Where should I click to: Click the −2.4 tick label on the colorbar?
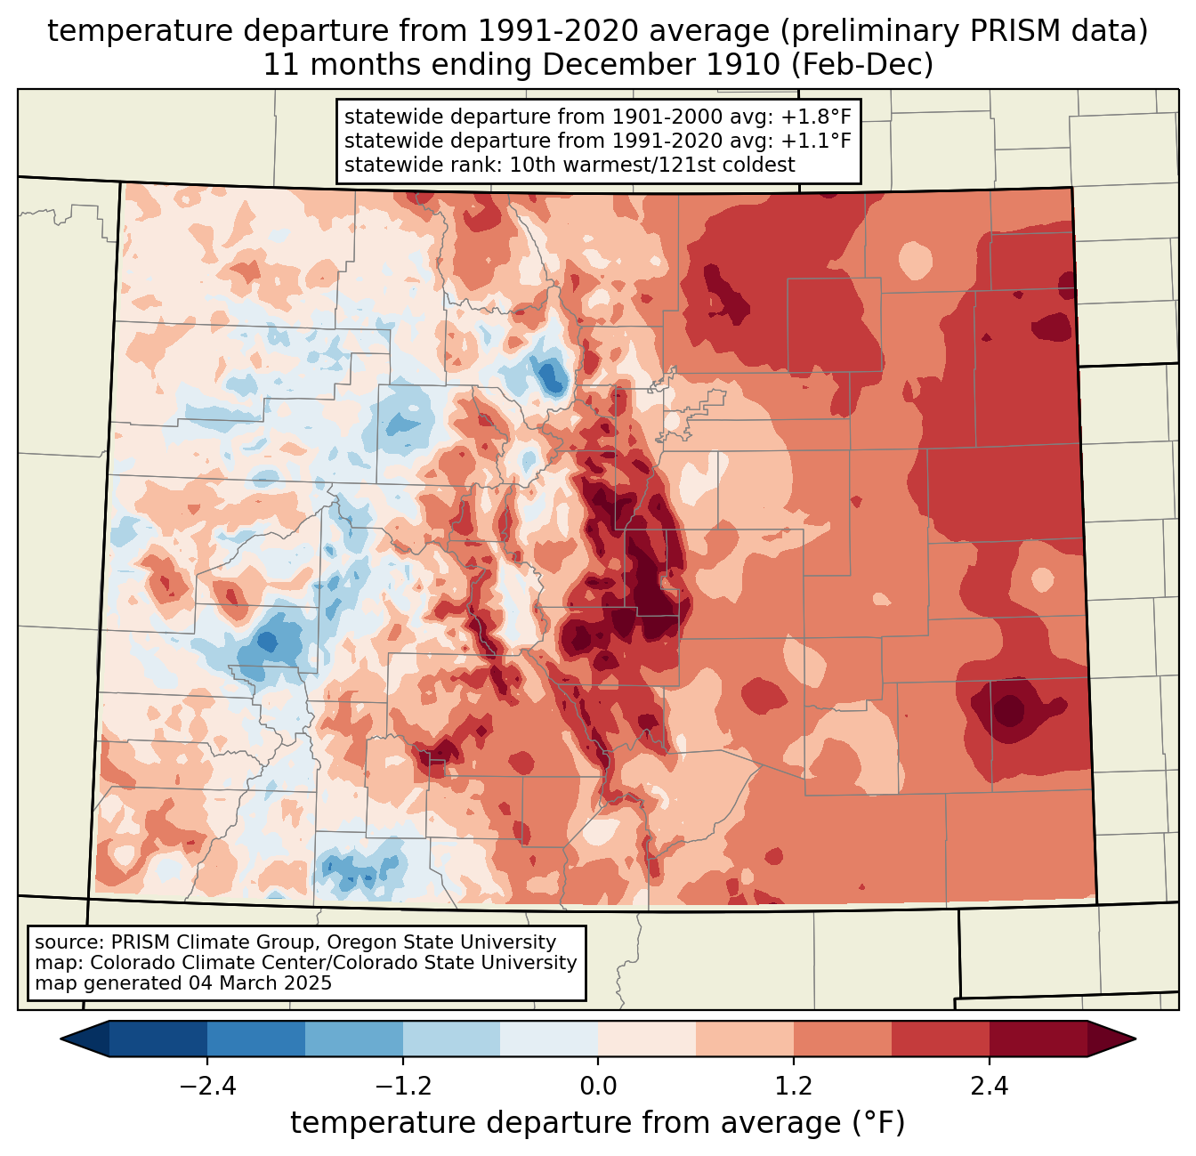(207, 1087)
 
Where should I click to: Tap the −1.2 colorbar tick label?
(402, 1087)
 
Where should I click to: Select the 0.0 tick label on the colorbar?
(598, 1087)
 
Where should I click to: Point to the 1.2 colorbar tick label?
(794, 1087)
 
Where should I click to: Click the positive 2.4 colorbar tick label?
(989, 1087)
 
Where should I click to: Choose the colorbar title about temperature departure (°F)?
(598, 1123)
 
